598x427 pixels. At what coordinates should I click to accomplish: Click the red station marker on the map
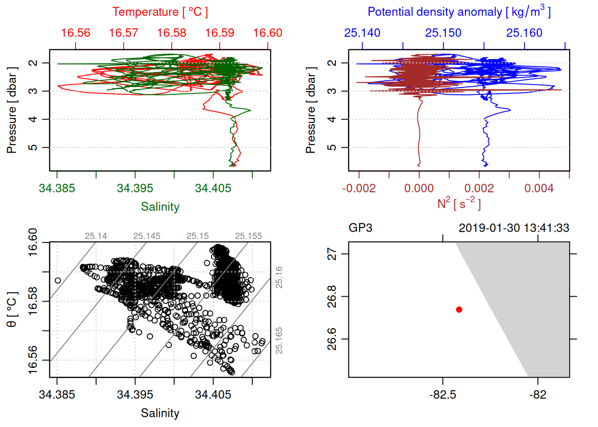coord(459,309)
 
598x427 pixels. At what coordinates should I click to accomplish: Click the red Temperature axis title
coord(160,12)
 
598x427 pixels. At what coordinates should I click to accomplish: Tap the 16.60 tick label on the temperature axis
coord(267,33)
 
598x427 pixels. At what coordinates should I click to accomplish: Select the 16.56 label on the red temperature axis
coord(75,33)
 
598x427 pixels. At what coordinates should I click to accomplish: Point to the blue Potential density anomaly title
coord(459,12)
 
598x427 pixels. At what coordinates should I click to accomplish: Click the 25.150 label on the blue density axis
coord(443,33)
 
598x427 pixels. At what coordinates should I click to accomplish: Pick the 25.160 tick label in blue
coord(524,33)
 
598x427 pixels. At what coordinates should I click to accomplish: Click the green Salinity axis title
coord(160,207)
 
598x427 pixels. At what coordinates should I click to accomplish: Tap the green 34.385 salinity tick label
coord(57,188)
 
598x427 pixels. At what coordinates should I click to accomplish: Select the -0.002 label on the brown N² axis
coord(359,188)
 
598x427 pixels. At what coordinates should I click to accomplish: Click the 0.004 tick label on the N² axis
coord(539,188)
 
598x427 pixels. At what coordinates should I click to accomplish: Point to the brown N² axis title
coord(459,204)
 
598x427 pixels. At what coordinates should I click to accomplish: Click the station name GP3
coord(360,228)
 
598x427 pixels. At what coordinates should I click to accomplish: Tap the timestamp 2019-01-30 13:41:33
coord(514,228)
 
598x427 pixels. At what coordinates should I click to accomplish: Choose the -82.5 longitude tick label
coord(443,395)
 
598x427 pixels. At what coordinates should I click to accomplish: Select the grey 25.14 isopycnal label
coord(96,236)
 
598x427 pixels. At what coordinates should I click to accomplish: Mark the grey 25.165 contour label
coord(279,340)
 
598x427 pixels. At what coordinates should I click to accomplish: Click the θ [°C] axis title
coord(12,310)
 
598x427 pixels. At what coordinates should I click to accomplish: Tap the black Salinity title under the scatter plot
coord(160,413)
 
